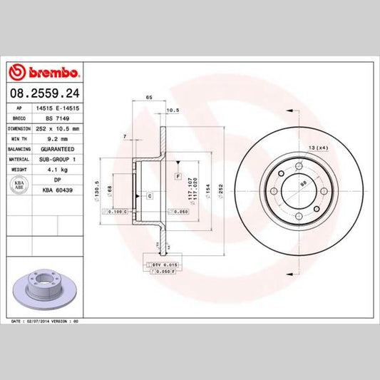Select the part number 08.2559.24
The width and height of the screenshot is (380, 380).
tap(45, 92)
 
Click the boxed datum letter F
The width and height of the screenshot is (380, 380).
tap(177, 175)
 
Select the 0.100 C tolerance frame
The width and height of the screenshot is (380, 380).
tap(116, 212)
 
